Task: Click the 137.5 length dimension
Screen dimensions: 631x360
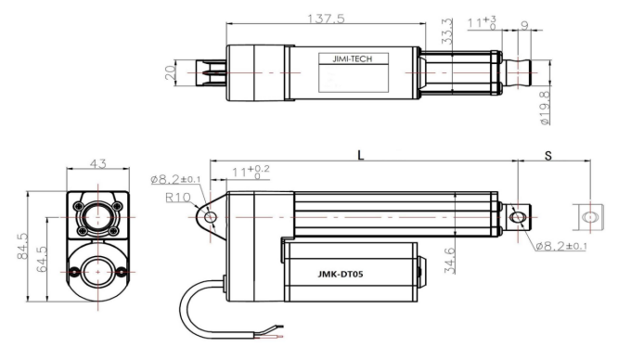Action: coord(326,19)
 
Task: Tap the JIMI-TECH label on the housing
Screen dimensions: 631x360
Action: coord(353,58)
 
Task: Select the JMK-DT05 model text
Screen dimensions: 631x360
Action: coord(341,275)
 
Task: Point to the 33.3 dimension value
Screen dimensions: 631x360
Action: coord(447,31)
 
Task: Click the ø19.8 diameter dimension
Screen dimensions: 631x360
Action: coord(545,108)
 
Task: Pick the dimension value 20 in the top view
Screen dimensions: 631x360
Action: coord(170,72)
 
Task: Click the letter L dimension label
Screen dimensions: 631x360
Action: coord(361,155)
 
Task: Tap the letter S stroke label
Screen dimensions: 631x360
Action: coord(548,156)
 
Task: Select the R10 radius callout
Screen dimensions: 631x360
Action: coord(177,198)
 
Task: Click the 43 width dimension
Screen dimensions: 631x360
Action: coord(97,163)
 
